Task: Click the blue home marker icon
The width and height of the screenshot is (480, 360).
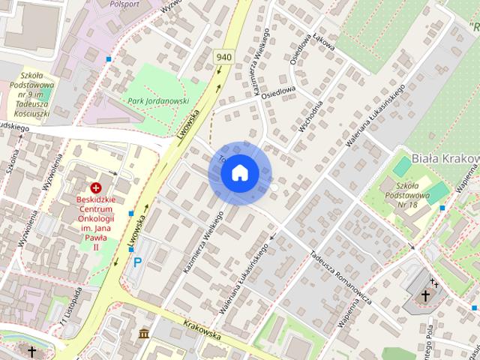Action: click(x=239, y=172)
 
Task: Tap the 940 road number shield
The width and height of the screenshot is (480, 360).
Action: click(x=223, y=57)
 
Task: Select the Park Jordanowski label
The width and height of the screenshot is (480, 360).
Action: click(x=157, y=100)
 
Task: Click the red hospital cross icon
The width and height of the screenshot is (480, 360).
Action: click(x=96, y=187)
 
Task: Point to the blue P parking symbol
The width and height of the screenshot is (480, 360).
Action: click(x=137, y=262)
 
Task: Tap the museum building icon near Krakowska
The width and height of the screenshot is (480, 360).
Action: click(x=143, y=333)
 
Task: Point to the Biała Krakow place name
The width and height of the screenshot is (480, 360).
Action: click(x=445, y=159)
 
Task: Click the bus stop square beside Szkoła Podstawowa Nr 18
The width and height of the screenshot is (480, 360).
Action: click(x=442, y=208)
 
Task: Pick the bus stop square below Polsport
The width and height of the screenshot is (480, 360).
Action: click(x=109, y=58)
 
